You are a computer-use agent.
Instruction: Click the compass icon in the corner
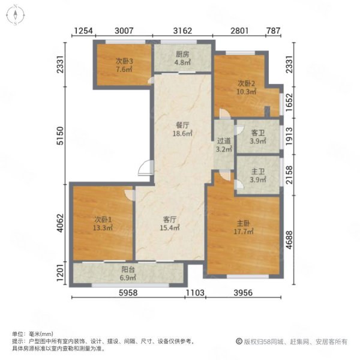coord(15,15)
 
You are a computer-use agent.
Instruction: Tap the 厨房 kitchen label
coord(182,55)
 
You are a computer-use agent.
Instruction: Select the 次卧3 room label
coord(124,61)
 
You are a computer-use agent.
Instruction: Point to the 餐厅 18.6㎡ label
coord(182,129)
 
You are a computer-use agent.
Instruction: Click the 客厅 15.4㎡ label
coord(170,224)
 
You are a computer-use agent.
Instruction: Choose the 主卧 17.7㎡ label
coord(244,227)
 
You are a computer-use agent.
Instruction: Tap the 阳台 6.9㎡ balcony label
coord(128,274)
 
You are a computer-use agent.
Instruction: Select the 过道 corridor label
coord(224,141)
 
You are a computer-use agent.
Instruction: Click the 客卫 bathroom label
coord(258,133)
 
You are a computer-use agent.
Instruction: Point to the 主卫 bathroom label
coord(258,172)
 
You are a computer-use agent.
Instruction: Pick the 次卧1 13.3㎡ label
coord(103,224)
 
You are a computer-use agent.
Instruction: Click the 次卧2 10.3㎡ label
coord(247,87)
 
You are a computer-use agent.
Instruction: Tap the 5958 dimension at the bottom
coord(128,293)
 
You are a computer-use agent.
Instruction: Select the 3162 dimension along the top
coord(182,31)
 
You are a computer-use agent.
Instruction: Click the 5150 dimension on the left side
coord(61,136)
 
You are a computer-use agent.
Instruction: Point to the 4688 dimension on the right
coord(289,239)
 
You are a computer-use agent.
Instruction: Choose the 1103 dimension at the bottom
coord(195,293)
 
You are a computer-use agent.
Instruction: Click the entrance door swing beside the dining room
coord(145,168)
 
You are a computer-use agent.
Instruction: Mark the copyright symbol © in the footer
coord(239,341)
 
